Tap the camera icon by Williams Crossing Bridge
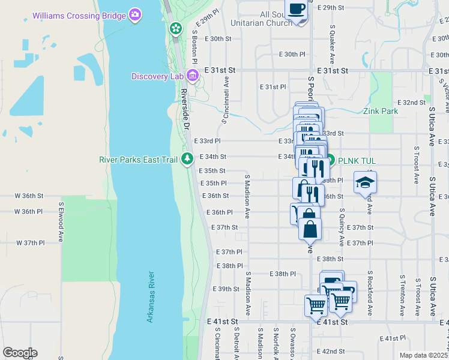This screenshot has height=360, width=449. [x=136, y=14]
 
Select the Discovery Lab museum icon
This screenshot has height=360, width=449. [x=193, y=76]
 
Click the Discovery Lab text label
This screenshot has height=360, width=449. [x=158, y=76]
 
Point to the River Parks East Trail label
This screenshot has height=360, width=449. [x=140, y=158]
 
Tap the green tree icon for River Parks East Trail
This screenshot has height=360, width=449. [x=187, y=158]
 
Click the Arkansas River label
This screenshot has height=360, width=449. [x=151, y=297]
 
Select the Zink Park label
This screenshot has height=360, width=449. [x=381, y=111]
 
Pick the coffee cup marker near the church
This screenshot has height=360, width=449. [x=297, y=10]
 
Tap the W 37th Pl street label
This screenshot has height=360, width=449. [x=30, y=243]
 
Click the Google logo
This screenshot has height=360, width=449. [x=20, y=353]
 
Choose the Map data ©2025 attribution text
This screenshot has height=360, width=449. [x=423, y=355]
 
